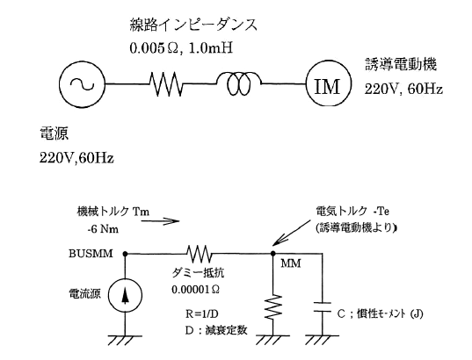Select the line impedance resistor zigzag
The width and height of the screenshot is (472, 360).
tap(166, 84)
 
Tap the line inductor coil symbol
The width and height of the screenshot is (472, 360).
tap(238, 83)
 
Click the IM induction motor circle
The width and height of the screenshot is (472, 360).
tap(329, 83)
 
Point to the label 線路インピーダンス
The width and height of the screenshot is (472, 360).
tap(194, 25)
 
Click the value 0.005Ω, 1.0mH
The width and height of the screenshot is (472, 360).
tap(181, 48)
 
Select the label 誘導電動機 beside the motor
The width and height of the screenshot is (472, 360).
tap(401, 64)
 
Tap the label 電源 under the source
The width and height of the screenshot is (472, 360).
tap(54, 133)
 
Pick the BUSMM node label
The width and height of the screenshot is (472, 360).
tap(91, 254)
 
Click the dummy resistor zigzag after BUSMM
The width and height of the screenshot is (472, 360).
tap(200, 254)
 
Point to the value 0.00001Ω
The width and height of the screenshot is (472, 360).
tap(196, 290)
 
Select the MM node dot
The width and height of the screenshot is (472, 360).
tap(273, 254)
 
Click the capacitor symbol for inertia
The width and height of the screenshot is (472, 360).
tap(322, 307)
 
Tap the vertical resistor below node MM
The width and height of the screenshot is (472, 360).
tap(273, 306)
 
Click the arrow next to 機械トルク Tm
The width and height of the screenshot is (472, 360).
tap(160, 221)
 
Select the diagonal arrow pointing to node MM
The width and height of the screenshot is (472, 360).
tap(292, 232)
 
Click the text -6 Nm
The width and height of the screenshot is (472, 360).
tap(103, 229)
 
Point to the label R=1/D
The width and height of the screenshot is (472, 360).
tap(202, 313)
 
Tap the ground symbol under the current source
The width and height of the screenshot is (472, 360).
tap(125, 340)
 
